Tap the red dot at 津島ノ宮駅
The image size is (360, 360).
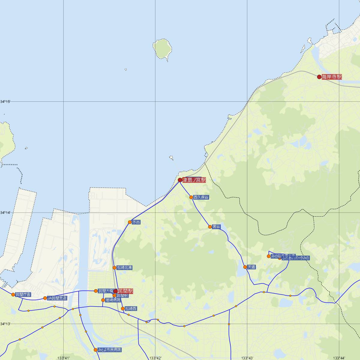180,180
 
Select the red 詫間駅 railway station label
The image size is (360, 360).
125,291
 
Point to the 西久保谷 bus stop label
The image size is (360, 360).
201,197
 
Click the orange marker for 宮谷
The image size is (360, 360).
210,227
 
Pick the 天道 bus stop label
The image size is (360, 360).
251,267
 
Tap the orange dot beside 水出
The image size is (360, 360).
130,222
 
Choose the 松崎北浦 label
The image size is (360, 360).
124,268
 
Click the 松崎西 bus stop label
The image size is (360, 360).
131,308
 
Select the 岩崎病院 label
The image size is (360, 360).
113,300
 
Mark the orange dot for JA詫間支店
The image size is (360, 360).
45,298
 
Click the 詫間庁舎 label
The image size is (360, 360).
23,294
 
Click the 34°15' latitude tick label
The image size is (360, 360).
5,102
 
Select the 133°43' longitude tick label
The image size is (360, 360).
247,358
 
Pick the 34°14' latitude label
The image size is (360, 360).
5,213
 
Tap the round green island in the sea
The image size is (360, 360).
162,48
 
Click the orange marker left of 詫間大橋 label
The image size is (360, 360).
96,291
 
